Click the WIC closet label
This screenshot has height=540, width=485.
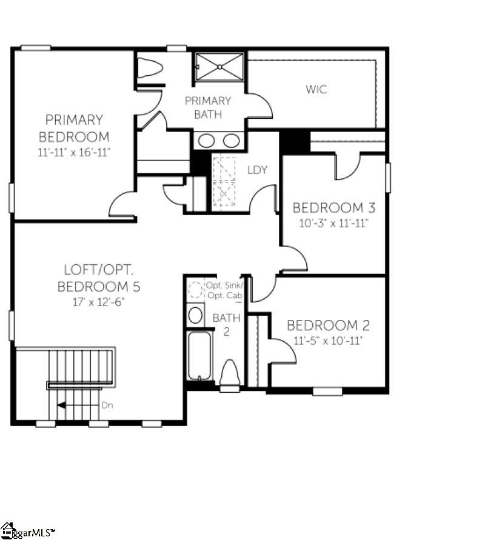pos(316,89)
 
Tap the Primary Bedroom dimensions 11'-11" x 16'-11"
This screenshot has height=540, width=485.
pos(74,152)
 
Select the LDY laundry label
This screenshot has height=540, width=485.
pos(257,170)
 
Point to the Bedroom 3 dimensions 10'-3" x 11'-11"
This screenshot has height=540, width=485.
pos(334,223)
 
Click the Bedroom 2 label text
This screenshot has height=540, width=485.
pos(328,325)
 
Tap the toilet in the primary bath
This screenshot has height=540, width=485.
pos(150,68)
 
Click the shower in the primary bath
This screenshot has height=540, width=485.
pos(219,67)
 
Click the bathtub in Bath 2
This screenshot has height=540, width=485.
pos(199,355)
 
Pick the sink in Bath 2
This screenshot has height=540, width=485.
pos(195,315)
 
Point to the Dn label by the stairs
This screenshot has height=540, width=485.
pos(107,405)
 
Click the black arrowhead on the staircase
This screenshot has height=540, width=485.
pos(61,405)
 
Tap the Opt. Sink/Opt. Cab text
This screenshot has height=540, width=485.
pos(225,290)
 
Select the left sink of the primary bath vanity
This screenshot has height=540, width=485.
pos(206,141)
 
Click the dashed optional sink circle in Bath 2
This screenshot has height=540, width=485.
pos(196,290)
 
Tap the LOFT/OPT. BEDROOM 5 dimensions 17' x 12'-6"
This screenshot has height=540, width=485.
pos(98,302)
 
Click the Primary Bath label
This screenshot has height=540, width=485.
pos(208,107)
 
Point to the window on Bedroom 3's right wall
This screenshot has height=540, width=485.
pos(388,178)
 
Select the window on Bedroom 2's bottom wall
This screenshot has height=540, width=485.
pos(327,392)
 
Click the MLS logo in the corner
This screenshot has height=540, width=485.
pos(27,532)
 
